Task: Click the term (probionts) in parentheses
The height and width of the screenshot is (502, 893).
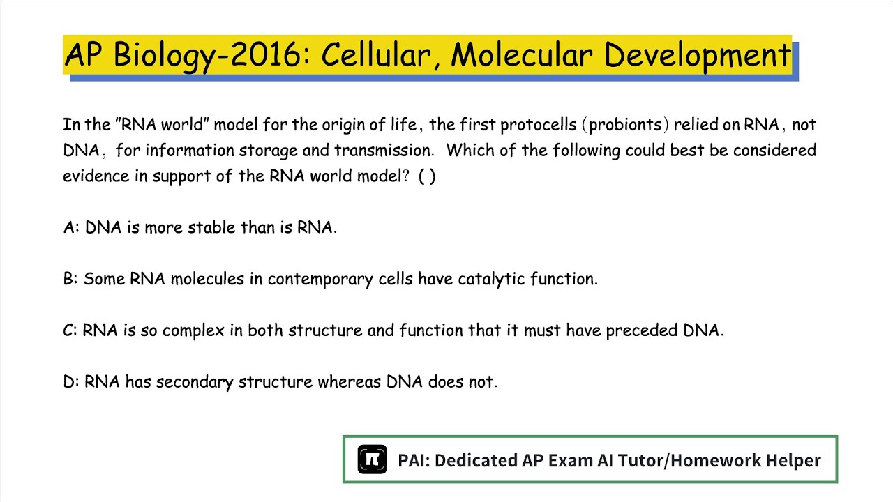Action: click(625, 125)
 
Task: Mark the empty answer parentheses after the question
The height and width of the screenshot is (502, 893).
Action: click(427, 176)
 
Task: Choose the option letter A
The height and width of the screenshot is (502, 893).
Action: click(70, 228)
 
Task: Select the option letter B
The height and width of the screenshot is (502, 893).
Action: click(70, 280)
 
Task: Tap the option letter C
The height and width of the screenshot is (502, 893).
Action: click(69, 330)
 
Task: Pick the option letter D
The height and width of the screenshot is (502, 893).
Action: click(70, 382)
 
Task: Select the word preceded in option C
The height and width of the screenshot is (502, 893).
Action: click(641, 330)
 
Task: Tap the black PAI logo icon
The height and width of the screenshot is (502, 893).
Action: click(372, 459)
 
